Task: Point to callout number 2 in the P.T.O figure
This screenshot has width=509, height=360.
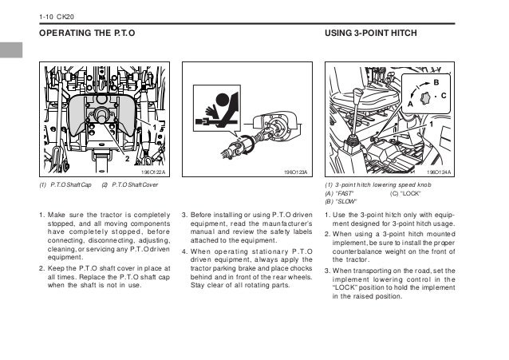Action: pos(125,160)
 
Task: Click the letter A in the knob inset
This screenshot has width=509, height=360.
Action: pos(410,104)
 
